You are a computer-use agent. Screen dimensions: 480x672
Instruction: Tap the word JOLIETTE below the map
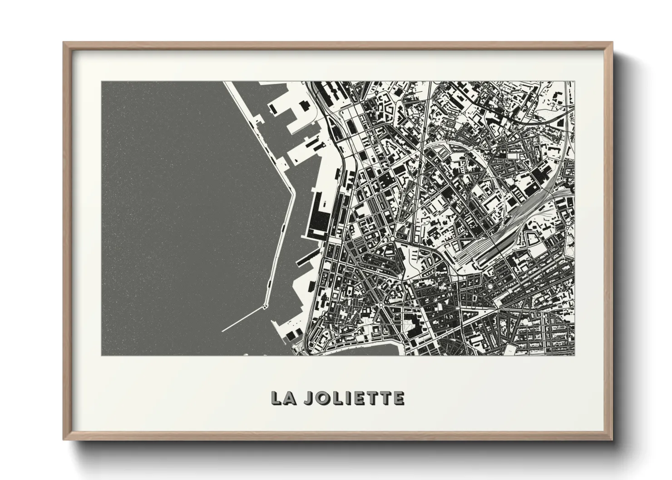point(354,398)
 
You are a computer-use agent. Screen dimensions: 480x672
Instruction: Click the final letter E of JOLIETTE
point(398,398)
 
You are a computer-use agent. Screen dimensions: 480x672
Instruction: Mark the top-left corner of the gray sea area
point(102,83)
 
